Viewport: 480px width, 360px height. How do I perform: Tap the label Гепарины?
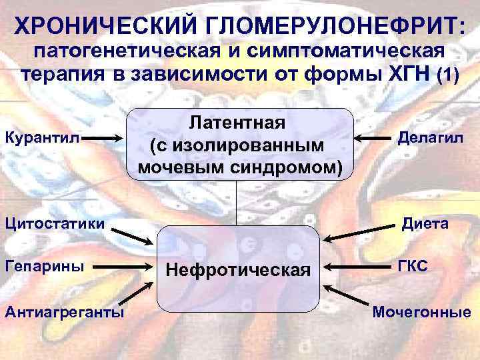pos(45,266)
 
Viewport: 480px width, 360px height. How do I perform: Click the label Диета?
pos(425,223)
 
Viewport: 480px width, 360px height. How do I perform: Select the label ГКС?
pos(415,266)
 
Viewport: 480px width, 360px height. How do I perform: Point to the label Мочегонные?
pos(421,311)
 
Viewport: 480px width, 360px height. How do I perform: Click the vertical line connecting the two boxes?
pos(237,203)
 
